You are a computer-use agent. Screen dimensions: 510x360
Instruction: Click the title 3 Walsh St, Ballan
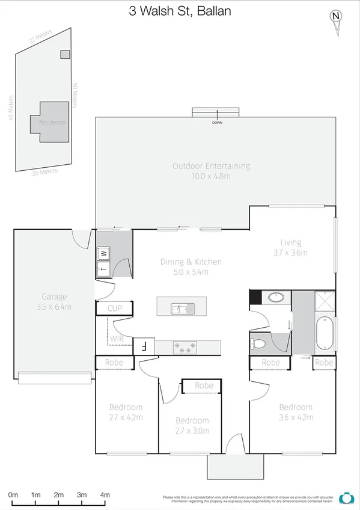click(x=180, y=11)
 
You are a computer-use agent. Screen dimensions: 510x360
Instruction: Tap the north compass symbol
click(x=337, y=17)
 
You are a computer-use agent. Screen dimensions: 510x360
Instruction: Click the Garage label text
click(x=54, y=296)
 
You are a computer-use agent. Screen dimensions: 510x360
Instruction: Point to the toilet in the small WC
click(x=257, y=342)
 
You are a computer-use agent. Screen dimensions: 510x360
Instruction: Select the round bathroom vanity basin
click(x=276, y=297)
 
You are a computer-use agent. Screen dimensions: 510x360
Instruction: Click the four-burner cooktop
click(x=185, y=346)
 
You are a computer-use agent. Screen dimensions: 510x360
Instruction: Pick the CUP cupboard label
click(x=114, y=309)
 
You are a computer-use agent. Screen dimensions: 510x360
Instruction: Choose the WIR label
click(x=117, y=339)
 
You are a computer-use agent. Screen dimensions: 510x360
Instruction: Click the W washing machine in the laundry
click(x=103, y=253)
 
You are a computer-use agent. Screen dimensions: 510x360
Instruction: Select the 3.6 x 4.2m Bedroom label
click(x=296, y=417)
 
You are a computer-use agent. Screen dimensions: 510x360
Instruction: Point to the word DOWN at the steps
click(x=216, y=123)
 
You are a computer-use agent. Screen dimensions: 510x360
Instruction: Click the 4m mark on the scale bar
click(x=105, y=495)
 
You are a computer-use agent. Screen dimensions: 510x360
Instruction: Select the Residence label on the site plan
click(x=52, y=122)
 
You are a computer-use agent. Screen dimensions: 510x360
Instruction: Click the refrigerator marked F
click(x=144, y=346)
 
